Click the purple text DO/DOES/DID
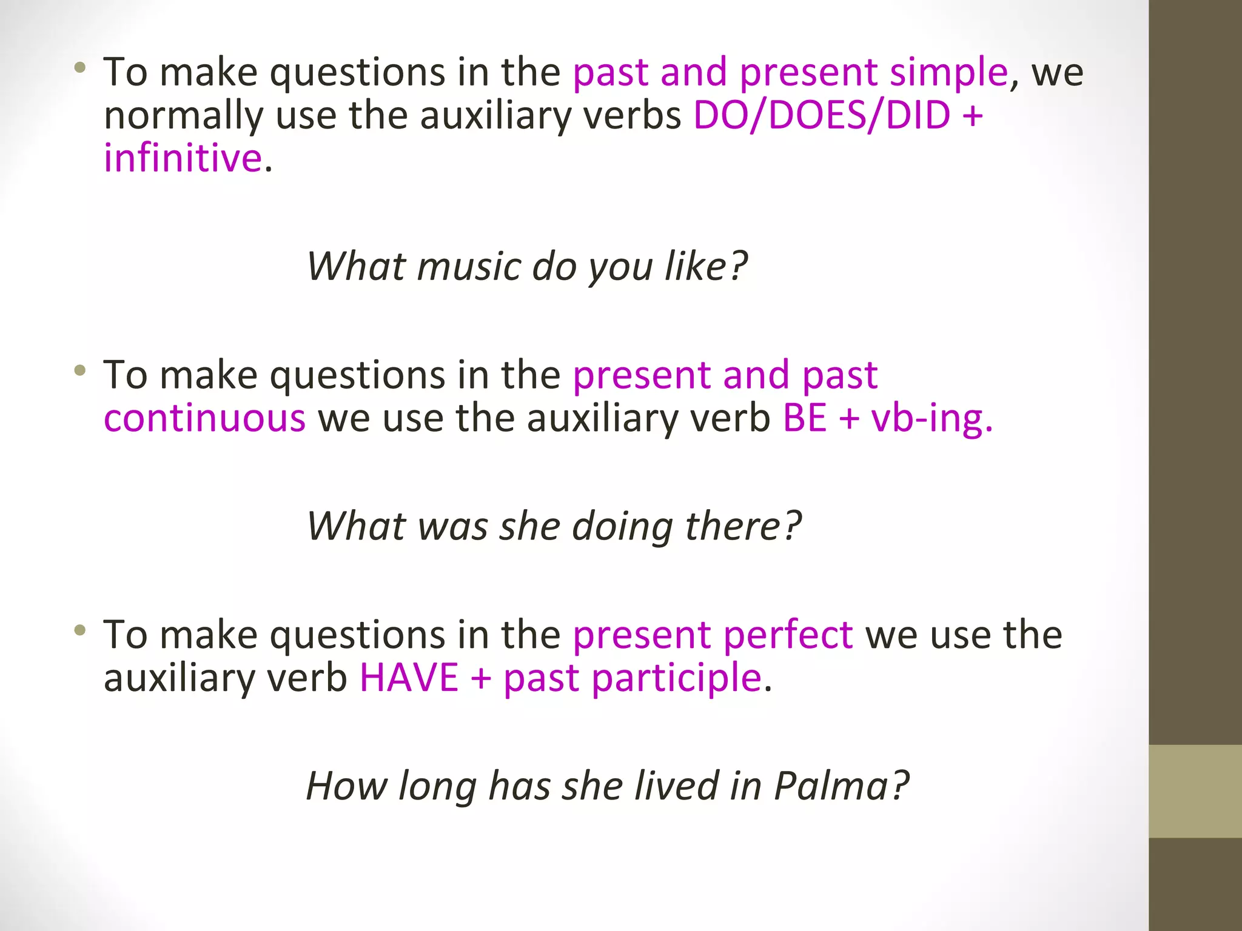(821, 115)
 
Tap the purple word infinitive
(183, 158)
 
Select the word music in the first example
(469, 266)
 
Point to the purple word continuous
(204, 418)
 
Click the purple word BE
(805, 418)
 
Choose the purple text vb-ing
(931, 419)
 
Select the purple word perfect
(788, 635)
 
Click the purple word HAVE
(409, 678)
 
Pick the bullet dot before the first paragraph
(79, 67)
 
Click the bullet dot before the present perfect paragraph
(79, 630)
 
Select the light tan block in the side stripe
(1195, 791)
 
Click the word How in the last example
(346, 786)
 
